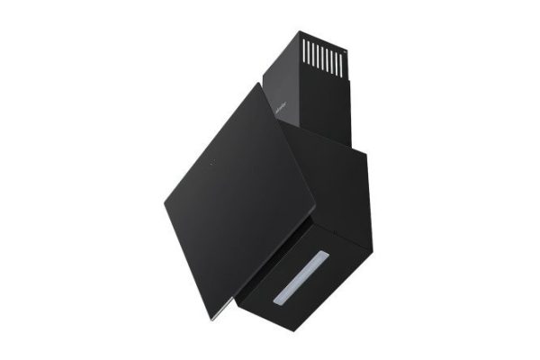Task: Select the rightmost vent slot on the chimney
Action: pos(342,58)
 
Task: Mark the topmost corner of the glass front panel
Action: pos(262,84)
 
